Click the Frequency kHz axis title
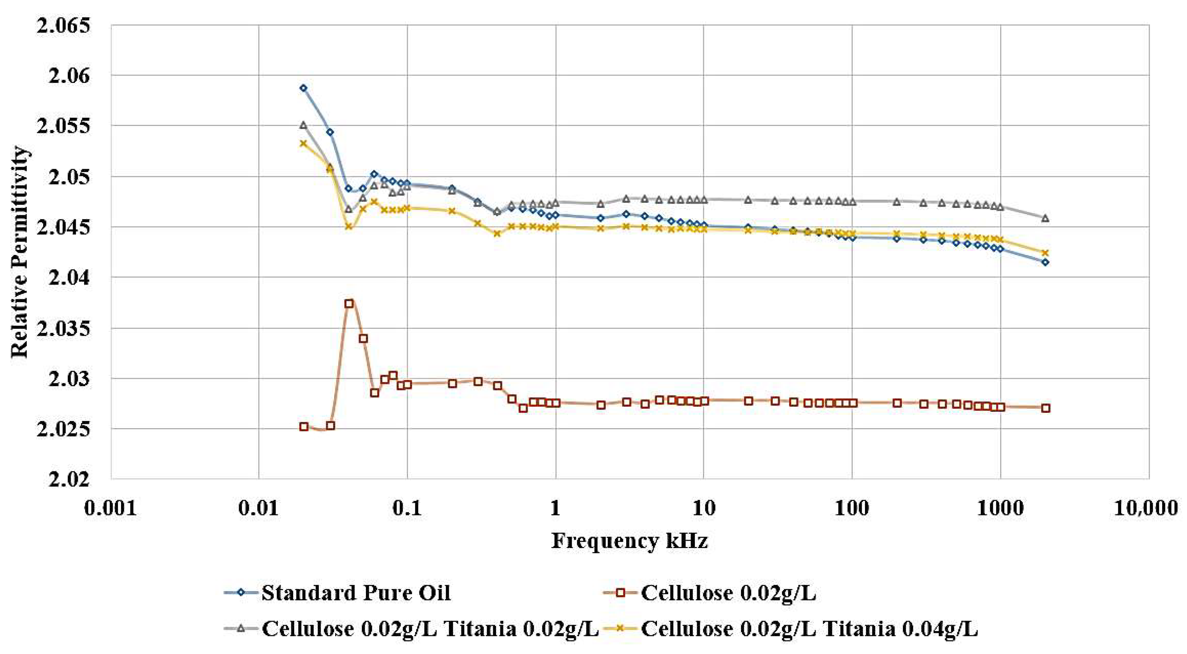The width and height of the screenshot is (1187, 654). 630,541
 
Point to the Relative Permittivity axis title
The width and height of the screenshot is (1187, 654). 20,252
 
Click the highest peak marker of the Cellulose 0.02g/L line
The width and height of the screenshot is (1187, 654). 349,304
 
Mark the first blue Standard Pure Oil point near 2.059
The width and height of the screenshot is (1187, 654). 303,88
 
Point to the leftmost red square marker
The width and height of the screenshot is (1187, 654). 304,426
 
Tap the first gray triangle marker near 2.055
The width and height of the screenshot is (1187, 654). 303,125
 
